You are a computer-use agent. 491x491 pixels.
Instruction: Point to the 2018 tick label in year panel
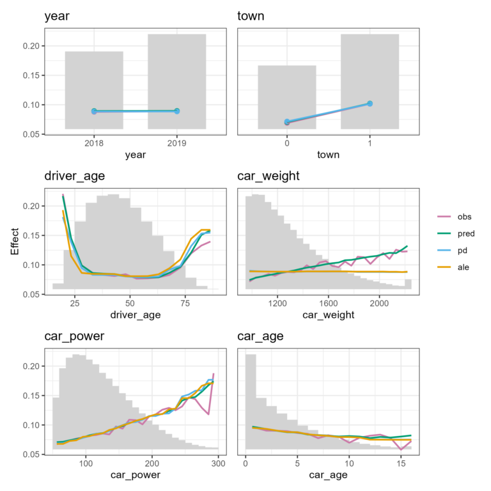(x=94, y=144)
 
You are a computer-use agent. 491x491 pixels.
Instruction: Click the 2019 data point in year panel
(x=176, y=111)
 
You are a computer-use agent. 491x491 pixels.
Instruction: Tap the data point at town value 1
(x=370, y=104)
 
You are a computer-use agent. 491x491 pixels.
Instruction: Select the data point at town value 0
(x=287, y=121)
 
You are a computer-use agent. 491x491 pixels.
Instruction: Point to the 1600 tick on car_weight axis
(x=329, y=304)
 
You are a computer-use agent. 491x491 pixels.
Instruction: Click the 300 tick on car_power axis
(x=218, y=464)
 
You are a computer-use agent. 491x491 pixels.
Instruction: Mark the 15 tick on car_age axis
(x=400, y=464)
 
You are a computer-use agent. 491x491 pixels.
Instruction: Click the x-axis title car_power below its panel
(x=135, y=475)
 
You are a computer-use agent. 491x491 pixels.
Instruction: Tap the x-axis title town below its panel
(x=328, y=154)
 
